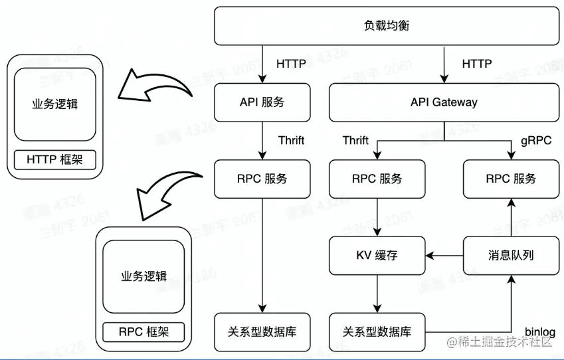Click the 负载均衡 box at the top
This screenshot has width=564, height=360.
coord(387,26)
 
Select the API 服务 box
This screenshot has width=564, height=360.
coord(262,102)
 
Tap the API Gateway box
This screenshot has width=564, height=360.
coord(444,102)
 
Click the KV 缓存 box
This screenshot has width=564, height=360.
coord(377,255)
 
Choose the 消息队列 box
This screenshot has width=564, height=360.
coord(510,255)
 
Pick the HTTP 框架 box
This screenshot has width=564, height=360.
coord(55,159)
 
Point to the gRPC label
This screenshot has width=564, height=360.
coord(535,140)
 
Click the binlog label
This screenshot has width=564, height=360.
coord(539,331)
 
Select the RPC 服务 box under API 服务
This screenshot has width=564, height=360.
coord(262,179)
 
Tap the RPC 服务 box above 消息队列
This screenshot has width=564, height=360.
coord(510,179)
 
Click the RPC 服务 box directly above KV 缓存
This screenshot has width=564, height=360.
coord(377,179)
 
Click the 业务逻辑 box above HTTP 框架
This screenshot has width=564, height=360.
coord(55,104)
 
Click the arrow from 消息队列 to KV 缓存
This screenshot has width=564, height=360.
coord(444,255)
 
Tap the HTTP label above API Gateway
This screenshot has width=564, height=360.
coord(476,64)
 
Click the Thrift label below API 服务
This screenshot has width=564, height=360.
coord(291,140)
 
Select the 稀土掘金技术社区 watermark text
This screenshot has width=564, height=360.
coord(504,342)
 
